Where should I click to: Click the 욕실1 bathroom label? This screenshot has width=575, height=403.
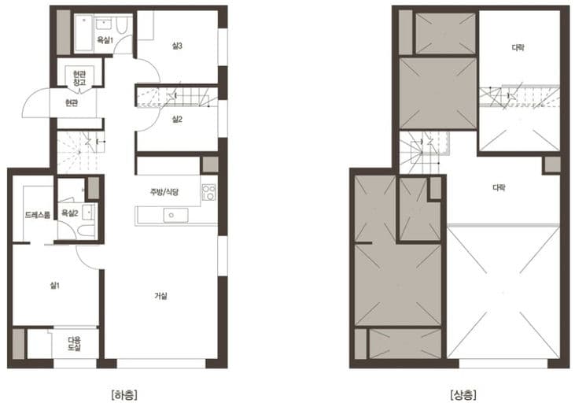coord(105,40)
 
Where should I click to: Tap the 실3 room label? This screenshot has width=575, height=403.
coord(177,46)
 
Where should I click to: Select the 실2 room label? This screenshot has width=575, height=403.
coord(177,120)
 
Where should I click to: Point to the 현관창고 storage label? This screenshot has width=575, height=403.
coord(79,78)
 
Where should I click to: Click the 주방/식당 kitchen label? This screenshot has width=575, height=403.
coord(164,191)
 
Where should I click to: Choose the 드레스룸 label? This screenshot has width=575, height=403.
coord(38,215)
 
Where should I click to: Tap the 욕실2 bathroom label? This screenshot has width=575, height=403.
coord(70,213)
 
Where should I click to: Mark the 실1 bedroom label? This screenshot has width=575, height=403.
coord(55,285)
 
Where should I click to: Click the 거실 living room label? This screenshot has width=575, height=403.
coord(160,296)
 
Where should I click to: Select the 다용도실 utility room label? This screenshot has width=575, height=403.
coord(75,343)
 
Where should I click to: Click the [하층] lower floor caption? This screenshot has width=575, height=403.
coord(124,395)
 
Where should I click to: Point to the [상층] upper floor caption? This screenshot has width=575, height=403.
coord(463,395)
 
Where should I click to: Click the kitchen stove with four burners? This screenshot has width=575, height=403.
coord(208,192)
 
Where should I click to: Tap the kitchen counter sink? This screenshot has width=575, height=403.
coord(175,216)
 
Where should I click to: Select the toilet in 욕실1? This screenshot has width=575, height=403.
coord(122,25)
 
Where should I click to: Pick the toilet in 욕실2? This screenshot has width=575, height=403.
coord(87,231)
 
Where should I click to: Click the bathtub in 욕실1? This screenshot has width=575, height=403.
coord(84,33)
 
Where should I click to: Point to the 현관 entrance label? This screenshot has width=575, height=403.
coord(72,103)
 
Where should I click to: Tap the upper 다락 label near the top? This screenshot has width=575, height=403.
coord(518,48)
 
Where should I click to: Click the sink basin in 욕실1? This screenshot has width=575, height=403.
coord(104,24)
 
